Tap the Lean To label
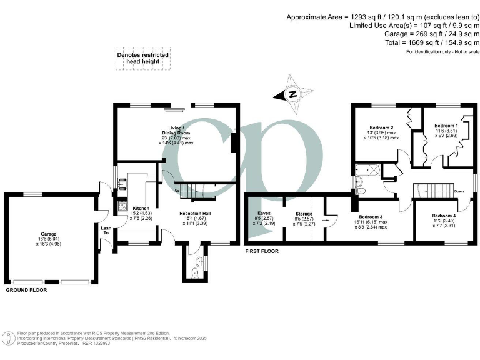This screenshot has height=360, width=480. pyautogui.click(x=105, y=231)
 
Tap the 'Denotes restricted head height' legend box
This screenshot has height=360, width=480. pyautogui.click(x=143, y=58)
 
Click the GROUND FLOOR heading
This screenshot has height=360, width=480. pyautogui.click(x=27, y=291)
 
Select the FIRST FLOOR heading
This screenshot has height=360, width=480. pyautogui.click(x=262, y=251)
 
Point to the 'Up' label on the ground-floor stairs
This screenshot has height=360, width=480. pyautogui.click(x=176, y=190)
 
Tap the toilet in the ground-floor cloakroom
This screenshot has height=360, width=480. pyautogui.click(x=195, y=272)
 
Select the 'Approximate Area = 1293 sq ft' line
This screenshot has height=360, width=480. pyautogui.click(x=383, y=16)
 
